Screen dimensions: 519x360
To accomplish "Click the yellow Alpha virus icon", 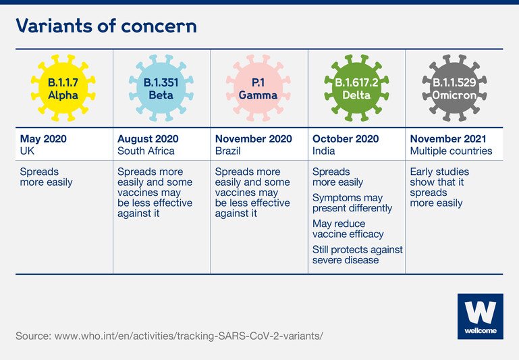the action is click(x=63, y=88).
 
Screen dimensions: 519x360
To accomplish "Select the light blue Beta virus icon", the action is click(x=161, y=88).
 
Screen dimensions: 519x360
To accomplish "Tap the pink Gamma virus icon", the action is click(x=258, y=88).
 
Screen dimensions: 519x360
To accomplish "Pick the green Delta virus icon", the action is click(x=356, y=88).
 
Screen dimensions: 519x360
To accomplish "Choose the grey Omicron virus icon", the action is click(x=454, y=88).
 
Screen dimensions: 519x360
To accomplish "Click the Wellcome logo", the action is click(x=481, y=316).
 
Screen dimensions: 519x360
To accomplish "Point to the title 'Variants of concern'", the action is click(x=106, y=26).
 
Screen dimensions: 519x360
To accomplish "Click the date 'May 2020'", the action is click(x=43, y=138).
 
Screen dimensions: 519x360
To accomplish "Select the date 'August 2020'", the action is click(x=148, y=138).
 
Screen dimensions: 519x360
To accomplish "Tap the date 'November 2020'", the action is click(x=254, y=138).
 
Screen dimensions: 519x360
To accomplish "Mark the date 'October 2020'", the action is click(x=346, y=138).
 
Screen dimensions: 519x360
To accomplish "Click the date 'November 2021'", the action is click(x=448, y=138).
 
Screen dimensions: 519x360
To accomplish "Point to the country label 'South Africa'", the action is click(x=146, y=151).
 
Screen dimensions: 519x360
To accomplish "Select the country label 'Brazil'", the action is click(x=227, y=151).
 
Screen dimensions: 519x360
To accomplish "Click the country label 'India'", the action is click(x=323, y=151).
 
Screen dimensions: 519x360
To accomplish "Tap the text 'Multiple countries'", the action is click(x=451, y=151).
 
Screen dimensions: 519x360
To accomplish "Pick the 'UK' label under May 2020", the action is click(x=27, y=151).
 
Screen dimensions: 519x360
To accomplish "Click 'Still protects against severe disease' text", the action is click(x=358, y=255).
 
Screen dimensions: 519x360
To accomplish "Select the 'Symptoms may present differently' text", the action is click(x=352, y=203).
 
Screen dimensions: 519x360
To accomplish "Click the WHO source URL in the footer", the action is click(x=189, y=336).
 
